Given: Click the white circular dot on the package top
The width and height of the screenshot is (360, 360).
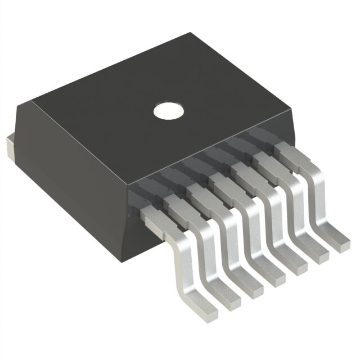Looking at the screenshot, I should pyautogui.click(x=169, y=110).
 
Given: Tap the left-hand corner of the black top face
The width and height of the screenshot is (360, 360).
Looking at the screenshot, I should pyautogui.click(x=31, y=101).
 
